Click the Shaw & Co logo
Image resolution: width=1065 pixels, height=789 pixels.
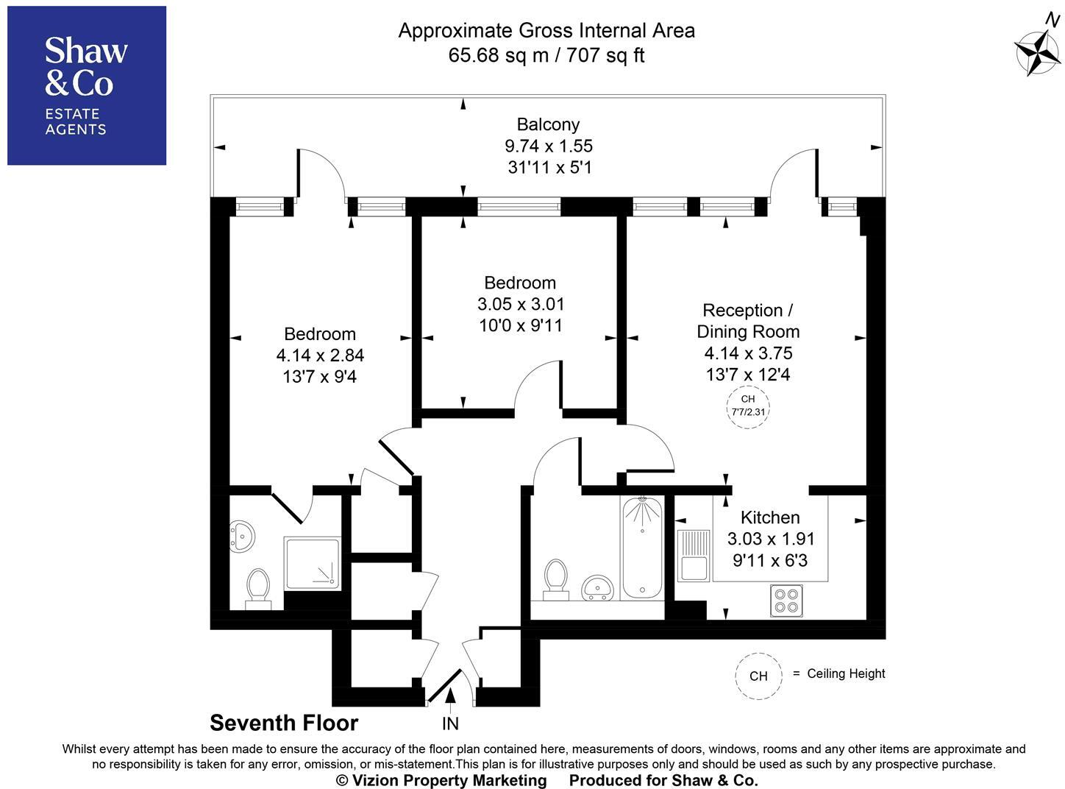tap(87, 85)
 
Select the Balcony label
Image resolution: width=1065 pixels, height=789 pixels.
tap(548, 124)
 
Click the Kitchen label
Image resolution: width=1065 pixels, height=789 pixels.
tap(770, 517)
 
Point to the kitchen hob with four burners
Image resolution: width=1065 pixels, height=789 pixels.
tap(787, 599)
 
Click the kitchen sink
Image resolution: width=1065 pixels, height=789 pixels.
tap(693, 556)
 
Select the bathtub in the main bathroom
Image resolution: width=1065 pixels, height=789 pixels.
tap(642, 548)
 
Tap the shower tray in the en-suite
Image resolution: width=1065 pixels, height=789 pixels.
tap(313, 563)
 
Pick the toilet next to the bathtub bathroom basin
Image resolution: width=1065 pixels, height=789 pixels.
tap(555, 578)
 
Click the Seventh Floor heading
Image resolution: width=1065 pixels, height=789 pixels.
tap(284, 723)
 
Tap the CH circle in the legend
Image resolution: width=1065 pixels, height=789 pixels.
tap(758, 676)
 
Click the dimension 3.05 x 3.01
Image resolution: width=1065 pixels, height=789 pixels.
tap(521, 304)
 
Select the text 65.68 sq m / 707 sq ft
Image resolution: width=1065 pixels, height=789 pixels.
tap(546, 55)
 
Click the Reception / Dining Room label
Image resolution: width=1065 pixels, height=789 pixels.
tap(747, 321)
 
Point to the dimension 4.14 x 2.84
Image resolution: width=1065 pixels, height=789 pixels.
tap(320, 355)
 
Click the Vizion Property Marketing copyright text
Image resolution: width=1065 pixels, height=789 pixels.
tap(441, 780)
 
